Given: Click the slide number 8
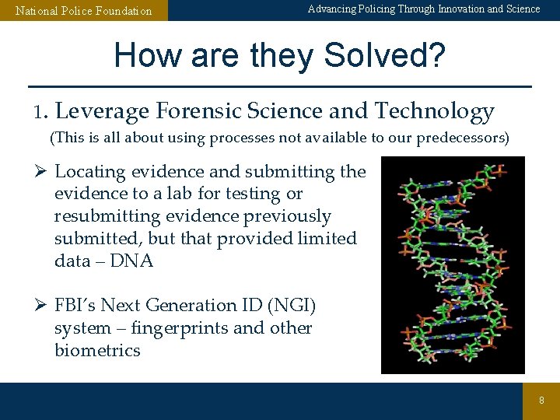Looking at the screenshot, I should [x=542, y=400].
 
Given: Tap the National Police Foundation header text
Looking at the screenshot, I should [x=84, y=11].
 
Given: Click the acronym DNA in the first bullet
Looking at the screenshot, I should [x=131, y=261].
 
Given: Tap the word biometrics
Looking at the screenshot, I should [x=97, y=351].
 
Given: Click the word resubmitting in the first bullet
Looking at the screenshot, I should [x=102, y=216].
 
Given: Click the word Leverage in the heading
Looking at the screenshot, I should [x=102, y=112].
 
